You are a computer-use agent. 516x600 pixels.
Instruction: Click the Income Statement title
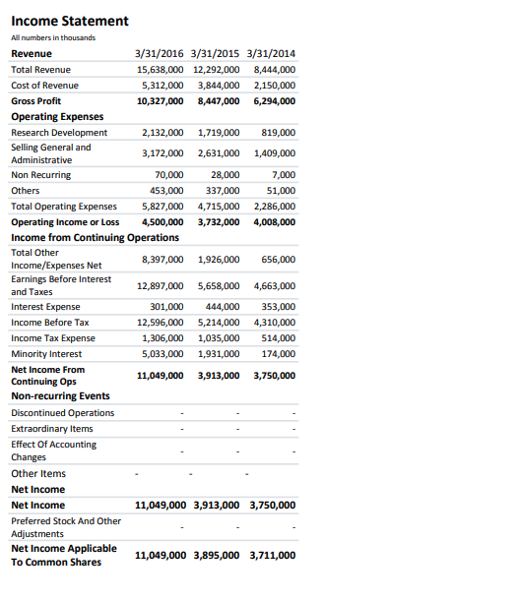[70, 21]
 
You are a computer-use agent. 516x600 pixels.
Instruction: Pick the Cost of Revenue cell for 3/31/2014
[275, 86]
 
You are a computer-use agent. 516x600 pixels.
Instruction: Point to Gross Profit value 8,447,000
[219, 100]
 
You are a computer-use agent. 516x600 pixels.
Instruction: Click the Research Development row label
[59, 132]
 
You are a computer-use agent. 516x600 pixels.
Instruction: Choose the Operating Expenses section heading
[58, 116]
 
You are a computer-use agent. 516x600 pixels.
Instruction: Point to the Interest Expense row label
[46, 306]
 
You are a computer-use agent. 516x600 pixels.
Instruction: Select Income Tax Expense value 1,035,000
[219, 337]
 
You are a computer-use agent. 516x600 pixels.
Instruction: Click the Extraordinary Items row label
[52, 428]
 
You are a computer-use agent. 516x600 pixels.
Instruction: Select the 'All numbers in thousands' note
[53, 37]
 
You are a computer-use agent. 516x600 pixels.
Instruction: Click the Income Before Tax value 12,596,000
[160, 322]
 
